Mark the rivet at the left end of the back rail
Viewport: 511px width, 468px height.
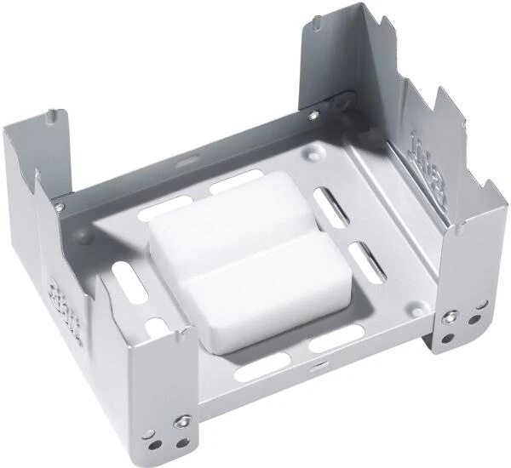click(59, 206)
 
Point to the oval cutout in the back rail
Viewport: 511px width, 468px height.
click(187, 159)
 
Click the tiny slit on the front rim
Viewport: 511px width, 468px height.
click(316, 368)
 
